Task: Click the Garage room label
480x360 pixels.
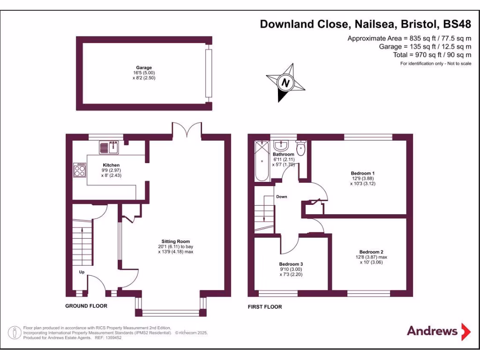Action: click(144, 67)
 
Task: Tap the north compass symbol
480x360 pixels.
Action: click(285, 83)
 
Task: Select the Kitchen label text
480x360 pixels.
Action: click(111, 165)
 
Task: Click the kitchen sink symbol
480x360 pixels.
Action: click(109, 147)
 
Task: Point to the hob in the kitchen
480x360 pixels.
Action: click(80, 169)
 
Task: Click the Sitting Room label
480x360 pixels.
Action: click(176, 241)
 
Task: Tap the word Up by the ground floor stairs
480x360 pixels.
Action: click(82, 272)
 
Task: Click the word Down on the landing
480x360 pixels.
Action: click(281, 196)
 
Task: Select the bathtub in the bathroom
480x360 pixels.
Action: click(262, 162)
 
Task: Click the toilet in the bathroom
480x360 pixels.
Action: click(300, 148)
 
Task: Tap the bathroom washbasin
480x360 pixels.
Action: click(283, 145)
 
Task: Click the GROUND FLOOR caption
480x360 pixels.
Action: click(86, 306)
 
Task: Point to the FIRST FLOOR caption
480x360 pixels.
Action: click(265, 307)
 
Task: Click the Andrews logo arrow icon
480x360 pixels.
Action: click(465, 331)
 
